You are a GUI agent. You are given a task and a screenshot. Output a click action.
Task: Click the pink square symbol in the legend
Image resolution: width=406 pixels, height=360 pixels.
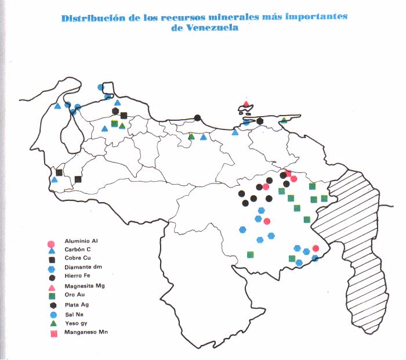point(51,333)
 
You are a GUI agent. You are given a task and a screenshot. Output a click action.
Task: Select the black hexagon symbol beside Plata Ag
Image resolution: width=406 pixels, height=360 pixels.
point(51,305)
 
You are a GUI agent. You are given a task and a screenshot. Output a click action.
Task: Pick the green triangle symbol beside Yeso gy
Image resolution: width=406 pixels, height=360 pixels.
point(51,323)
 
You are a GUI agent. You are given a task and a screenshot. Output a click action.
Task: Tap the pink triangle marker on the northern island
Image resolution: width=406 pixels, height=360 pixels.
point(246,105)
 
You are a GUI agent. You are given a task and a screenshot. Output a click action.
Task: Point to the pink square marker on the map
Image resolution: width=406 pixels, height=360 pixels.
point(288,173)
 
